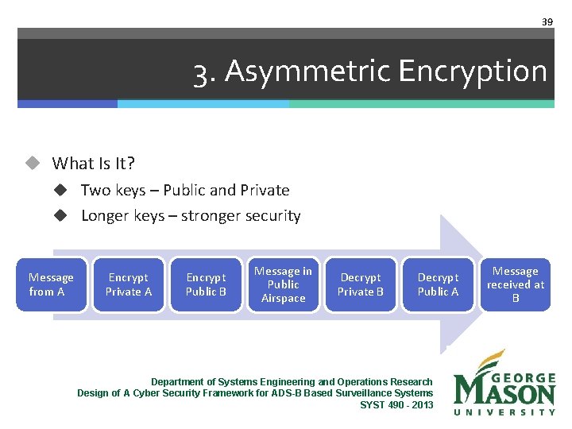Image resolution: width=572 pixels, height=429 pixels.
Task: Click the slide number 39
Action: [547, 22]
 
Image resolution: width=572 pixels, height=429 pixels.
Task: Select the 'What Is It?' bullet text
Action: [94, 164]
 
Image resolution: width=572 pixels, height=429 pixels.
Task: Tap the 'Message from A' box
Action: [51, 284]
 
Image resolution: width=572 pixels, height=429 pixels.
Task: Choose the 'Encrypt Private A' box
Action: [129, 284]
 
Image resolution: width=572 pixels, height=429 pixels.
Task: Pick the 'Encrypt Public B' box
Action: [206, 284]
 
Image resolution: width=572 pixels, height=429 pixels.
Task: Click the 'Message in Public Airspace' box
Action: [284, 284]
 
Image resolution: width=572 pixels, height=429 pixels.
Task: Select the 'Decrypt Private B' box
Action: [361, 284]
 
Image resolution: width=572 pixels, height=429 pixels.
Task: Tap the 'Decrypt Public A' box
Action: [439, 284]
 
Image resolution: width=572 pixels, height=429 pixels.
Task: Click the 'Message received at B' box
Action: [516, 284]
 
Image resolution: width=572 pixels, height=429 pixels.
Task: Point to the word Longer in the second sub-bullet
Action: [106, 216]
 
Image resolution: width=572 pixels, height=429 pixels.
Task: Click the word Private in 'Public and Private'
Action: [265, 190]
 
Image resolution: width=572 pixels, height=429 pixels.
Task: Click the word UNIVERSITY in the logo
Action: [504, 412]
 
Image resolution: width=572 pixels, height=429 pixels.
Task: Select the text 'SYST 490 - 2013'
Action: [396, 404]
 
